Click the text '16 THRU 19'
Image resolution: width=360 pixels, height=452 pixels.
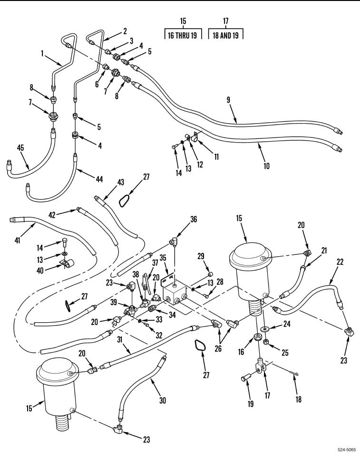[182, 36]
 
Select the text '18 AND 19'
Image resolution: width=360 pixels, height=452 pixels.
[225, 36]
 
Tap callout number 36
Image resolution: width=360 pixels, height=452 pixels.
[194, 220]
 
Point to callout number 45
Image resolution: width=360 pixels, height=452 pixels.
[20, 148]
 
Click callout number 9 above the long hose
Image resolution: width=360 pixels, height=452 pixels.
[228, 100]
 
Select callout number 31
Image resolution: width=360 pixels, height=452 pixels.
[120, 340]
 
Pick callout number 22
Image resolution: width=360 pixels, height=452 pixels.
[340, 262]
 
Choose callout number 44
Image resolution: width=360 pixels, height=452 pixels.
[99, 179]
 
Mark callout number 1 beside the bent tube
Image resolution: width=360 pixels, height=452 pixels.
[42, 54]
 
